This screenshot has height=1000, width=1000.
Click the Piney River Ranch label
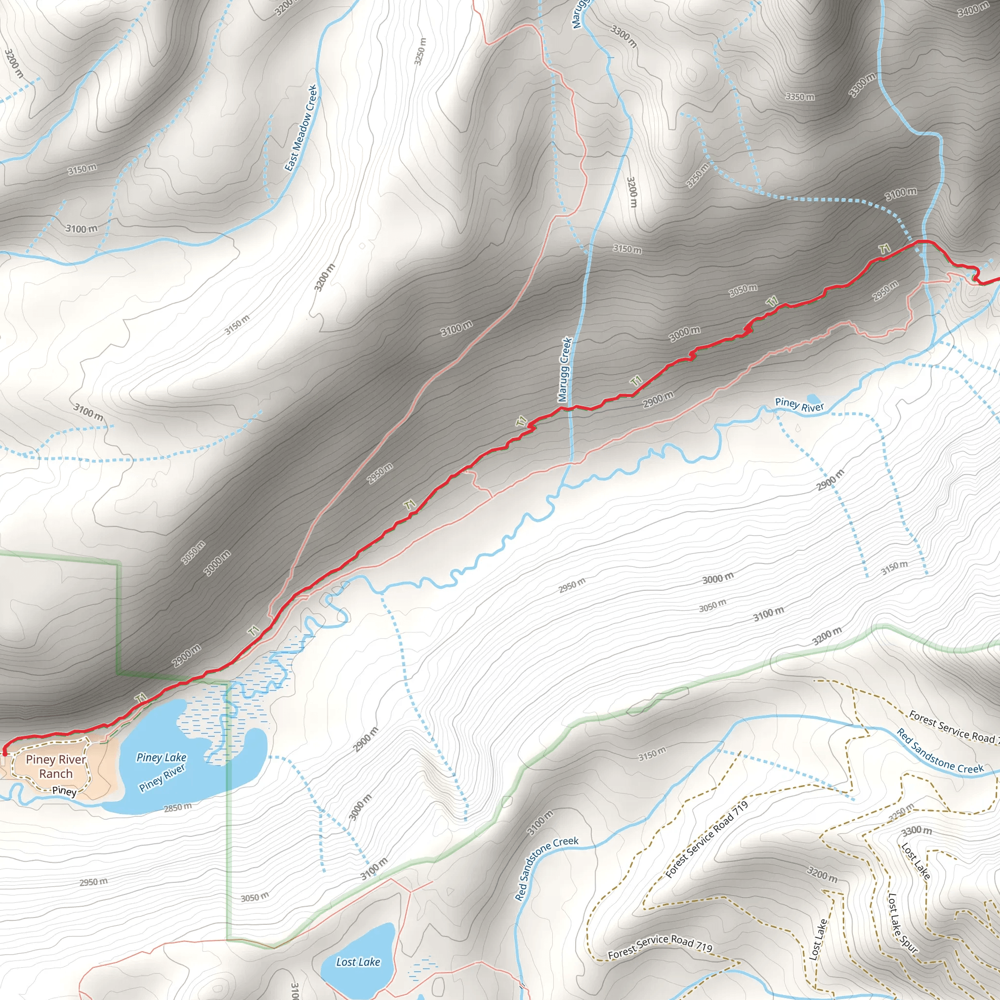pyautogui.click(x=56, y=767)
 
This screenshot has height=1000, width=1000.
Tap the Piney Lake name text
pyautogui.click(x=161, y=757)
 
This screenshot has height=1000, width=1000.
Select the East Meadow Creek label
pyautogui.click(x=301, y=128)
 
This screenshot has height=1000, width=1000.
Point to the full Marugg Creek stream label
pyautogui.click(x=565, y=370)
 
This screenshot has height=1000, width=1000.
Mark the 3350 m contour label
pyautogui.click(x=800, y=97)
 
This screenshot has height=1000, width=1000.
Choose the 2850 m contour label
pyautogui.click(x=178, y=808)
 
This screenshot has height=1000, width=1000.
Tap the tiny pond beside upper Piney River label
pyautogui.click(x=813, y=399)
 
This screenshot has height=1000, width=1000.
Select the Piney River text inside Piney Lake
pyautogui.click(x=162, y=778)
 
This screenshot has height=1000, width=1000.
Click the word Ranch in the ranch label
pyautogui.click(x=56, y=774)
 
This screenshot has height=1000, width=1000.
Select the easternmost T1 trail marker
pyautogui.click(x=885, y=249)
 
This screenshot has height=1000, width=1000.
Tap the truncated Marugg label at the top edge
pyautogui.click(x=580, y=14)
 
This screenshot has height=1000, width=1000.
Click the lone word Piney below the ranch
pyautogui.click(x=64, y=791)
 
